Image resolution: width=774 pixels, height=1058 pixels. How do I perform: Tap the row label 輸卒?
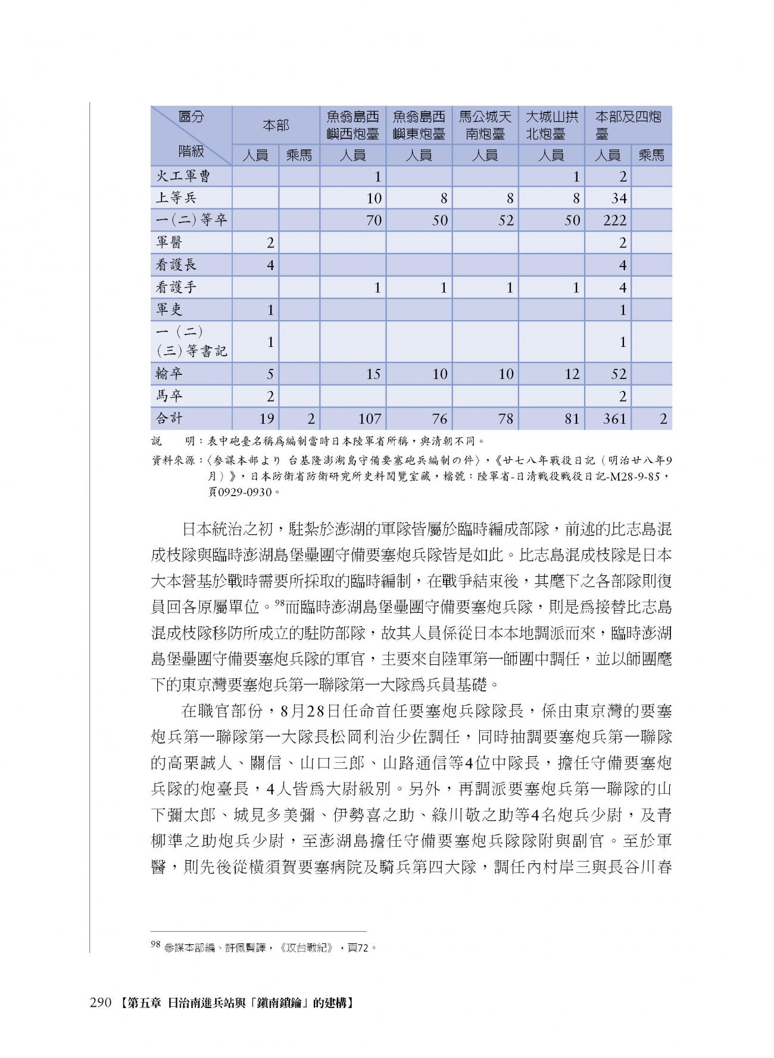[169, 374]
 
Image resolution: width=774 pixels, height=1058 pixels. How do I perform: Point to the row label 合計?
[169, 418]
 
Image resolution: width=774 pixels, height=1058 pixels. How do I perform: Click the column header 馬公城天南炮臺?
[485, 124]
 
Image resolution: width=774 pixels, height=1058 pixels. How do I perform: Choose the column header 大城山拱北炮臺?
[551, 124]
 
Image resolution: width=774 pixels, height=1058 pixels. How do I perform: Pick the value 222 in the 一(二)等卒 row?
[614, 221]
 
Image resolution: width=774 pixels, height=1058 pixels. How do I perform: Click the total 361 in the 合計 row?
[614, 419]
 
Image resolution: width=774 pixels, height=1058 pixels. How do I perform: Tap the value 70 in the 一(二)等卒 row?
[373, 221]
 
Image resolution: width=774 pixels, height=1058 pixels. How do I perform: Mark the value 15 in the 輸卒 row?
[373, 374]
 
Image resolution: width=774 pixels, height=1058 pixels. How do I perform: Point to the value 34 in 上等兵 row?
[619, 199]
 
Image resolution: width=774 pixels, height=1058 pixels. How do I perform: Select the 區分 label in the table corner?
[191, 117]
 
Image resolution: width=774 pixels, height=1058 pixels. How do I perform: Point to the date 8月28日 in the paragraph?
[308, 710]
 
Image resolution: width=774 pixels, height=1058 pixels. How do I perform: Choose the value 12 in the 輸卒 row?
[572, 374]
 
